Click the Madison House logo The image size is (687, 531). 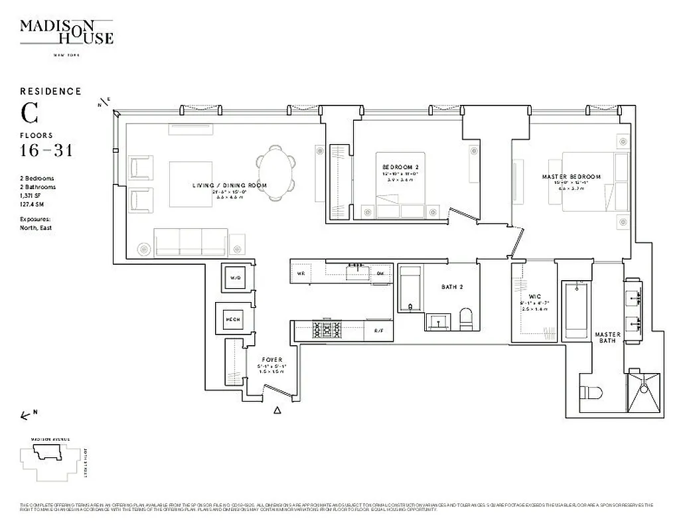pyautogui.click(x=66, y=32)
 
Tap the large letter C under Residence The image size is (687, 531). pyautogui.click(x=29, y=114)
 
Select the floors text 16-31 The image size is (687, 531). pyautogui.click(x=46, y=151)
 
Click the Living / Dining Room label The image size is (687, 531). pyautogui.click(x=230, y=185)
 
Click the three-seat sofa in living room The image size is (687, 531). pyautogui.click(x=190, y=242)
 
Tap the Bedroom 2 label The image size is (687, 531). pyautogui.click(x=401, y=167)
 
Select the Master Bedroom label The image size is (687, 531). pyautogui.click(x=571, y=177)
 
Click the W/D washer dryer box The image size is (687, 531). pyautogui.click(x=235, y=278)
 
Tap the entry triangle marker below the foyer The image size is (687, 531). pyautogui.click(x=277, y=411)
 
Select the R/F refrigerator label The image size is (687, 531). pyautogui.click(x=378, y=331)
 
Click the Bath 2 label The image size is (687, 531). pyautogui.click(x=451, y=287)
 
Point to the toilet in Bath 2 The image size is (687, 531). pyautogui.click(x=465, y=319)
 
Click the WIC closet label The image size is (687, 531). pyautogui.click(x=535, y=297)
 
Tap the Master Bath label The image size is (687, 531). pyautogui.click(x=607, y=337)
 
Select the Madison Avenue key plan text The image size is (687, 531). pyautogui.click(x=49, y=439)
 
